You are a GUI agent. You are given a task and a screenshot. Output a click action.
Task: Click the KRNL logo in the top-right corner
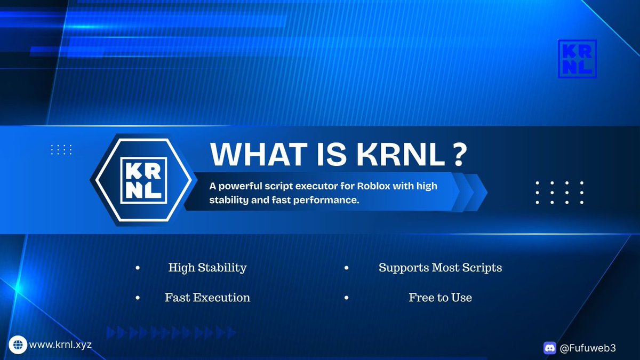coord(577,59)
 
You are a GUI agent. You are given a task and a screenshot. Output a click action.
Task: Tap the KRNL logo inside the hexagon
coord(141,180)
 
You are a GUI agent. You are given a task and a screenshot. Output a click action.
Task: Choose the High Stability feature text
coord(207,268)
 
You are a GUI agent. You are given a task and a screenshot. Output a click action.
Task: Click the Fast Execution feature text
coord(207,298)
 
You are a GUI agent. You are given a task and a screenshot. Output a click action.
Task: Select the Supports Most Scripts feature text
coord(440,268)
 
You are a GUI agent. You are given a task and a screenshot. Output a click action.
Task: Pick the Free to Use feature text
coord(440,298)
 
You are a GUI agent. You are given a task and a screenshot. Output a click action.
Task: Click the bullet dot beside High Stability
coord(138,268)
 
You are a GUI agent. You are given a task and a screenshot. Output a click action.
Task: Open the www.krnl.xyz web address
coord(60,345)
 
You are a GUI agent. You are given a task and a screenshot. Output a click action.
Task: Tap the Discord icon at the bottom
coord(549,348)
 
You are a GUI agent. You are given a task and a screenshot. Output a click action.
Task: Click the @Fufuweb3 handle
coord(587,348)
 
